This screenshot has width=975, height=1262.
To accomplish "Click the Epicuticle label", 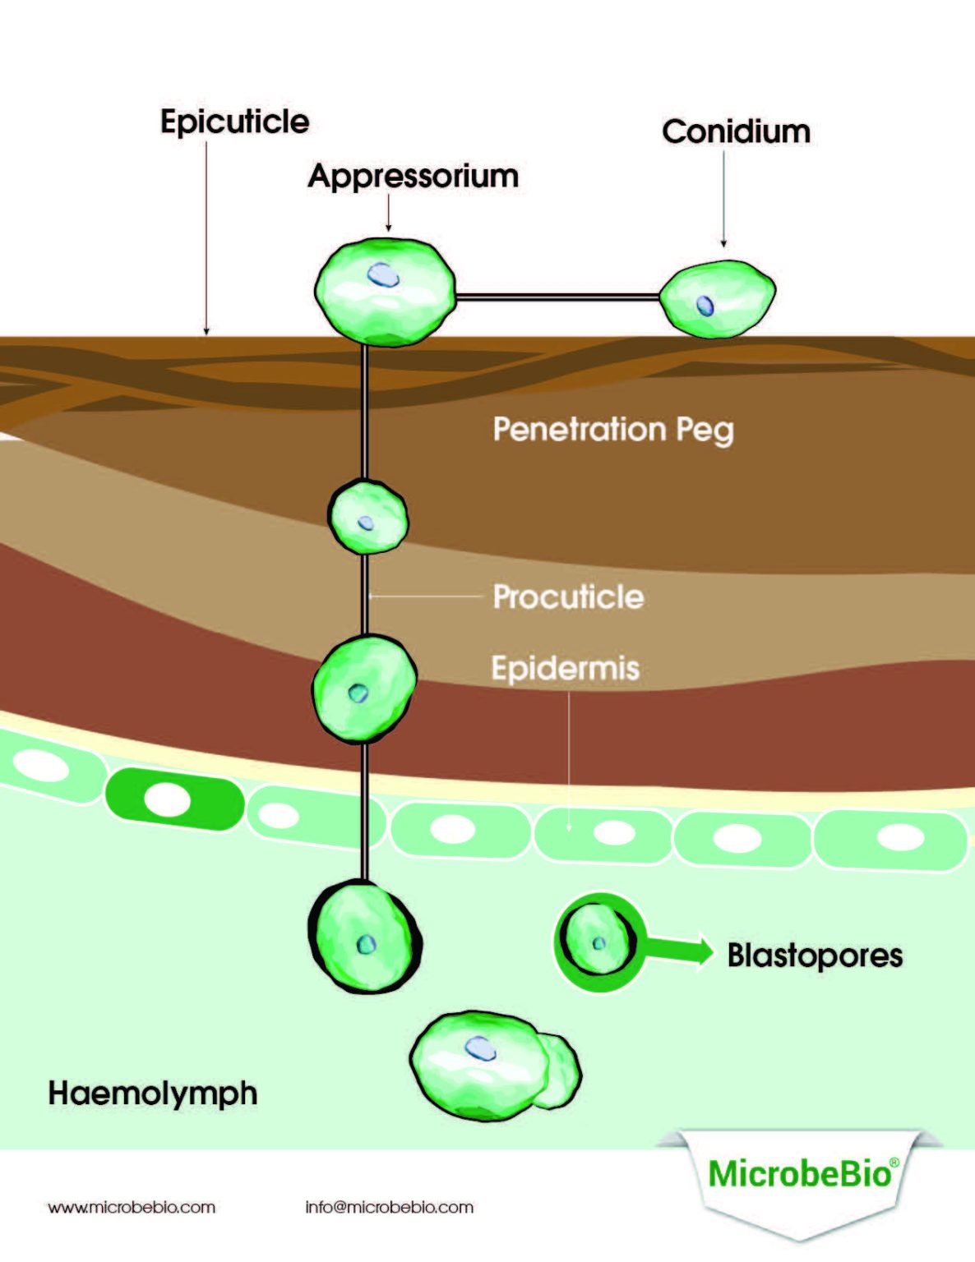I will (234, 122).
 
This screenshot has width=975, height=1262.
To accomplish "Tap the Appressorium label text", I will (413, 177).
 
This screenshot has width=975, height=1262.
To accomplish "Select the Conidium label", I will (736, 132).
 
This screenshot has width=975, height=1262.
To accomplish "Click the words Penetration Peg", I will (612, 430).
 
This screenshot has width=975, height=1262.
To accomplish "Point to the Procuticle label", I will (568, 597).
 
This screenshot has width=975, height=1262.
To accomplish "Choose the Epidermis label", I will (565, 668).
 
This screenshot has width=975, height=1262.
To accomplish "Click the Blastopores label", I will (815, 956).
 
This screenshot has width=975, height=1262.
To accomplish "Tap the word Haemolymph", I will (153, 1094).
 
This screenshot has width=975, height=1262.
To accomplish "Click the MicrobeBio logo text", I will (800, 1173).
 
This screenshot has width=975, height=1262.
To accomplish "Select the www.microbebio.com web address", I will (132, 1208).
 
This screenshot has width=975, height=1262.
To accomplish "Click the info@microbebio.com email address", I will (389, 1208).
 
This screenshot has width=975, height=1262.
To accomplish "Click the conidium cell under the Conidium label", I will (718, 298).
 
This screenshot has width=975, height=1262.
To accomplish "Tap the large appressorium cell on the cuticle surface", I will (385, 291).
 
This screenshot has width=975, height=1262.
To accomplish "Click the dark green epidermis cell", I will (174, 799).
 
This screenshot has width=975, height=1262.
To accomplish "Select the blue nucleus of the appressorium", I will (382, 274).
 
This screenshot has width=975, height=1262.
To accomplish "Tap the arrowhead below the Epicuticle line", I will (206, 330).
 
